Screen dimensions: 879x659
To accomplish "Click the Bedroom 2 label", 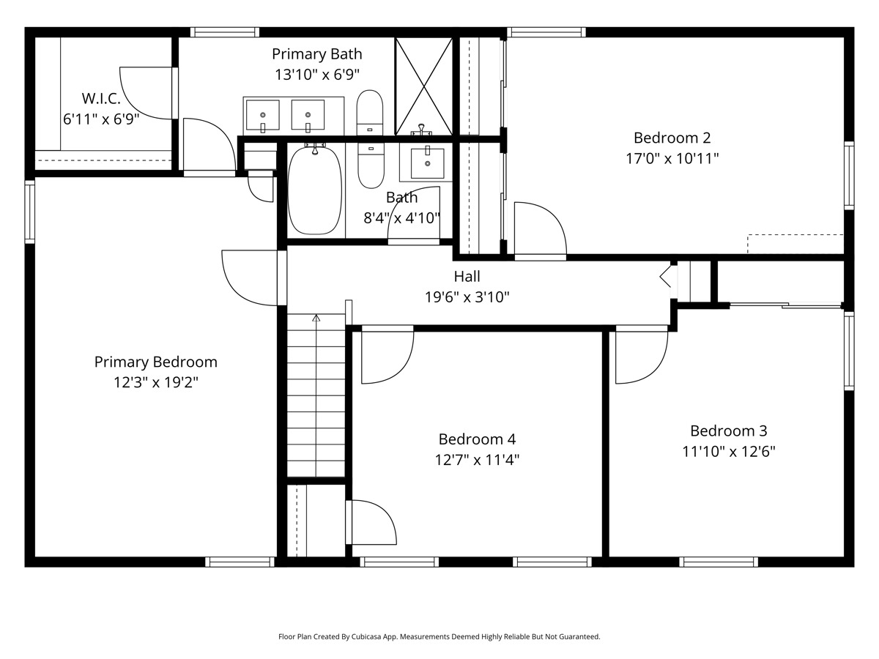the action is click(672, 138).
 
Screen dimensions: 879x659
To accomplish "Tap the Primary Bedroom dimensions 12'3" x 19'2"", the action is click(156, 382).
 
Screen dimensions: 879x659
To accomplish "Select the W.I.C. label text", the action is click(101, 98).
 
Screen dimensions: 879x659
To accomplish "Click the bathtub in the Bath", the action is click(315, 190).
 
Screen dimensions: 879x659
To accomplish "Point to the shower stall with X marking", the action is click(423, 86).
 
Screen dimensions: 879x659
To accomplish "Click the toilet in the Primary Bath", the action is click(370, 113).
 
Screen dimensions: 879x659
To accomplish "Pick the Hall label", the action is click(467, 276).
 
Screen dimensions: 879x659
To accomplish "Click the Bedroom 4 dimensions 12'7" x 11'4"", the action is click(477, 460).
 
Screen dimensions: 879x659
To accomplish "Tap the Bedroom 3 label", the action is click(728, 431).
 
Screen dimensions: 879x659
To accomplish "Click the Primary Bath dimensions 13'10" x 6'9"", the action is click(316, 75).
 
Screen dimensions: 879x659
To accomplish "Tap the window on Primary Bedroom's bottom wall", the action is click(240, 562).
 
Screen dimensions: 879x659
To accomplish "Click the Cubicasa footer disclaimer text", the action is click(439, 636).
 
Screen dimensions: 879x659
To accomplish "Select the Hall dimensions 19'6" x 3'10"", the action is click(467, 297).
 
